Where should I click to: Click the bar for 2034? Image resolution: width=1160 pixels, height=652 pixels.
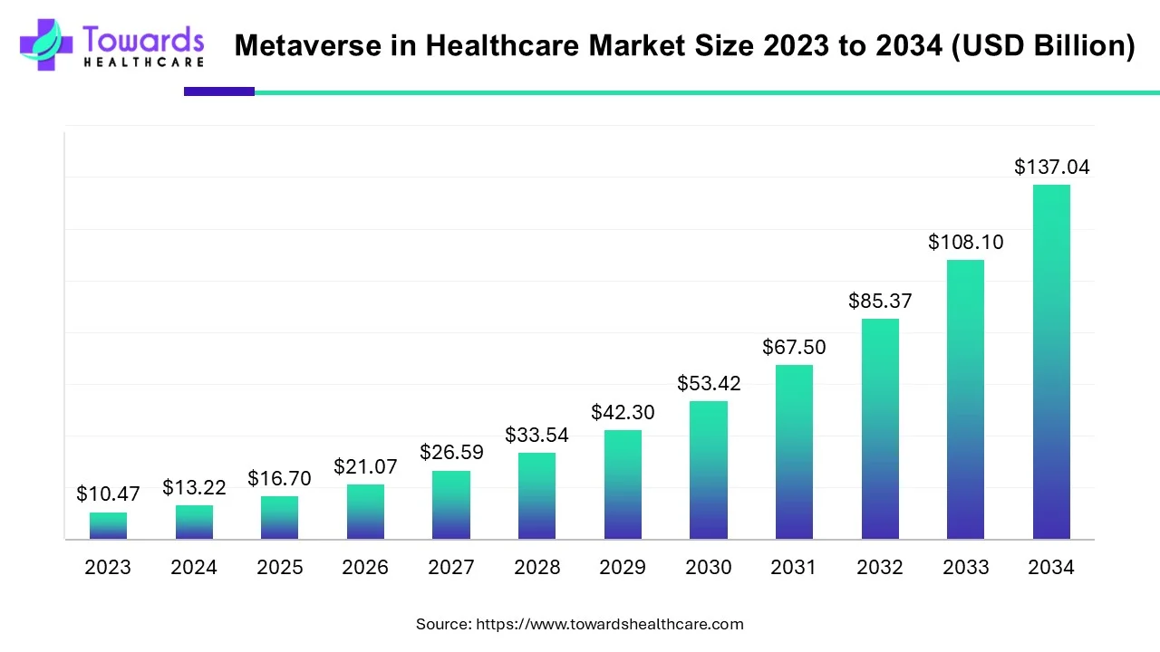coord(1051,362)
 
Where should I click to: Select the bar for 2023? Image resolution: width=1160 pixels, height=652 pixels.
coord(108,526)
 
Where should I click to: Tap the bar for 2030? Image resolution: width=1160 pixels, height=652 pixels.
coord(708,470)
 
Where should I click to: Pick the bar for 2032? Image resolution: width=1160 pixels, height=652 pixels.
coord(880,429)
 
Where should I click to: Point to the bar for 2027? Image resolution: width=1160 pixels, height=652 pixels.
coord(451,505)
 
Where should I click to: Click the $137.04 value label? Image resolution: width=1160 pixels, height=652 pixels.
coord(1051,167)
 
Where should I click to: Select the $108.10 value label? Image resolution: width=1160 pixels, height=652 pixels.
coord(965,242)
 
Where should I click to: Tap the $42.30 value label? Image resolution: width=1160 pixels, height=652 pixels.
coord(623,412)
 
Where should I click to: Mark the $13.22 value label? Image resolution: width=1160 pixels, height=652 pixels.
coord(194,487)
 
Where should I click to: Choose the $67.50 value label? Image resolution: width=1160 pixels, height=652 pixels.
coord(794,347)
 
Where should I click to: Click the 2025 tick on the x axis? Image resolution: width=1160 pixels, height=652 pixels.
coord(279,568)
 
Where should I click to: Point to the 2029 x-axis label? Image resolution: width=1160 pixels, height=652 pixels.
coord(623,568)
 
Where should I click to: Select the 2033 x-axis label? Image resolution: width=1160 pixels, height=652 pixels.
coord(965,568)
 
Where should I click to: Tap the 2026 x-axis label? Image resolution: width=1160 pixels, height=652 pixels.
coord(365,568)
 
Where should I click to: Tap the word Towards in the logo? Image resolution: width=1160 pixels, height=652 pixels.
coord(143,38)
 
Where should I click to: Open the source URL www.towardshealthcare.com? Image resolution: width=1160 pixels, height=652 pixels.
coord(609,624)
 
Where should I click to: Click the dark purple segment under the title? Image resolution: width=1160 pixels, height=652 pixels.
coord(219,91)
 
